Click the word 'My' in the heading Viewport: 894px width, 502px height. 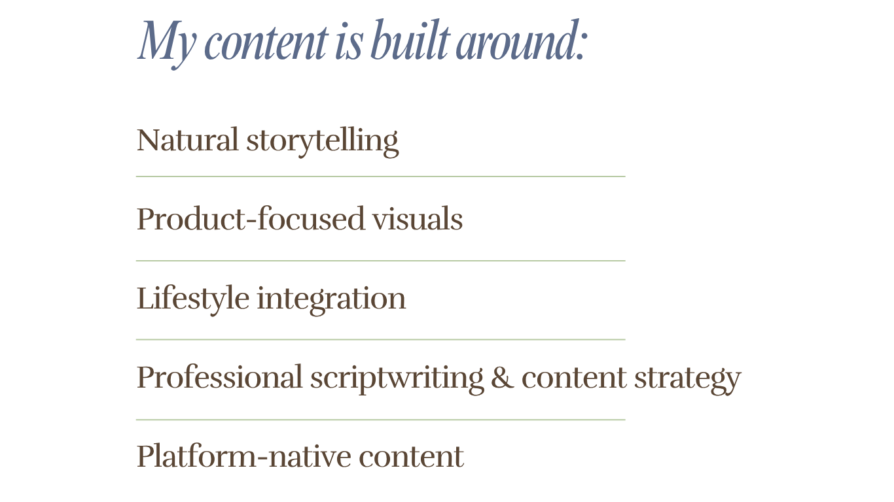(x=167, y=44)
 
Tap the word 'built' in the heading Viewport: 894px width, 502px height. (x=411, y=40)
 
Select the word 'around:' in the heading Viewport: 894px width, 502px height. (x=522, y=40)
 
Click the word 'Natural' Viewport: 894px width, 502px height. (x=188, y=140)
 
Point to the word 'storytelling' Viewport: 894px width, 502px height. (x=323, y=142)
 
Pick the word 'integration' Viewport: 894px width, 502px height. (x=331, y=300)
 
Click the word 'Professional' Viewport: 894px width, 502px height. (x=220, y=376)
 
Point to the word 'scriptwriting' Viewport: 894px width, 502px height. (x=397, y=379)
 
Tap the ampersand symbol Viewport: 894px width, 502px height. (x=503, y=377)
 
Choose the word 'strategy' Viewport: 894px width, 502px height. (x=688, y=380)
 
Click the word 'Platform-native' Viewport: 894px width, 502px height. (x=244, y=456)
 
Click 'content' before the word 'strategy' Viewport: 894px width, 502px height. (x=574, y=378)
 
